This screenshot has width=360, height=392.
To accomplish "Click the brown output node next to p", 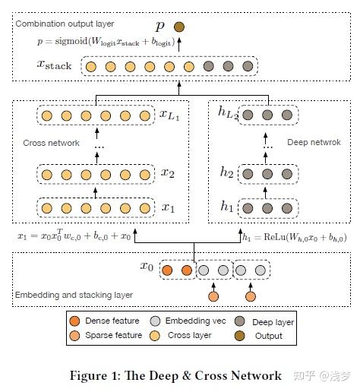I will pyautogui.click(x=179, y=27).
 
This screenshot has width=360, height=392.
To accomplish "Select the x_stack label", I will pyautogui.click(x=53, y=66).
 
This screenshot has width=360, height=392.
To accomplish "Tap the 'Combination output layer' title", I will pyautogui.click(x=60, y=24).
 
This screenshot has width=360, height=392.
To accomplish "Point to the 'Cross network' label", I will pyautogui.click(x=52, y=142).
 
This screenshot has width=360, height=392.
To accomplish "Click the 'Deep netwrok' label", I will pyautogui.click(x=313, y=142).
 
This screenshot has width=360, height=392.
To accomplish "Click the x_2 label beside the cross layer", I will pyautogui.click(x=169, y=172).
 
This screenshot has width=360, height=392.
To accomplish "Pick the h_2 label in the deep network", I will pyautogui.click(x=226, y=172).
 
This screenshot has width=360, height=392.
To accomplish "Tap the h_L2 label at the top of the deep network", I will pyautogui.click(x=229, y=113).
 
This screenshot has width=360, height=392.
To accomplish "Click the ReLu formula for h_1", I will pyautogui.click(x=297, y=237).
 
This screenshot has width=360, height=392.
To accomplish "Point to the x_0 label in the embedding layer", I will pyautogui.click(x=146, y=267).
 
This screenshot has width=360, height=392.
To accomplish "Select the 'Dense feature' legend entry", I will pyautogui.click(x=106, y=321).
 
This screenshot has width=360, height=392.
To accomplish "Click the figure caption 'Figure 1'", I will pyautogui.click(x=175, y=375).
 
